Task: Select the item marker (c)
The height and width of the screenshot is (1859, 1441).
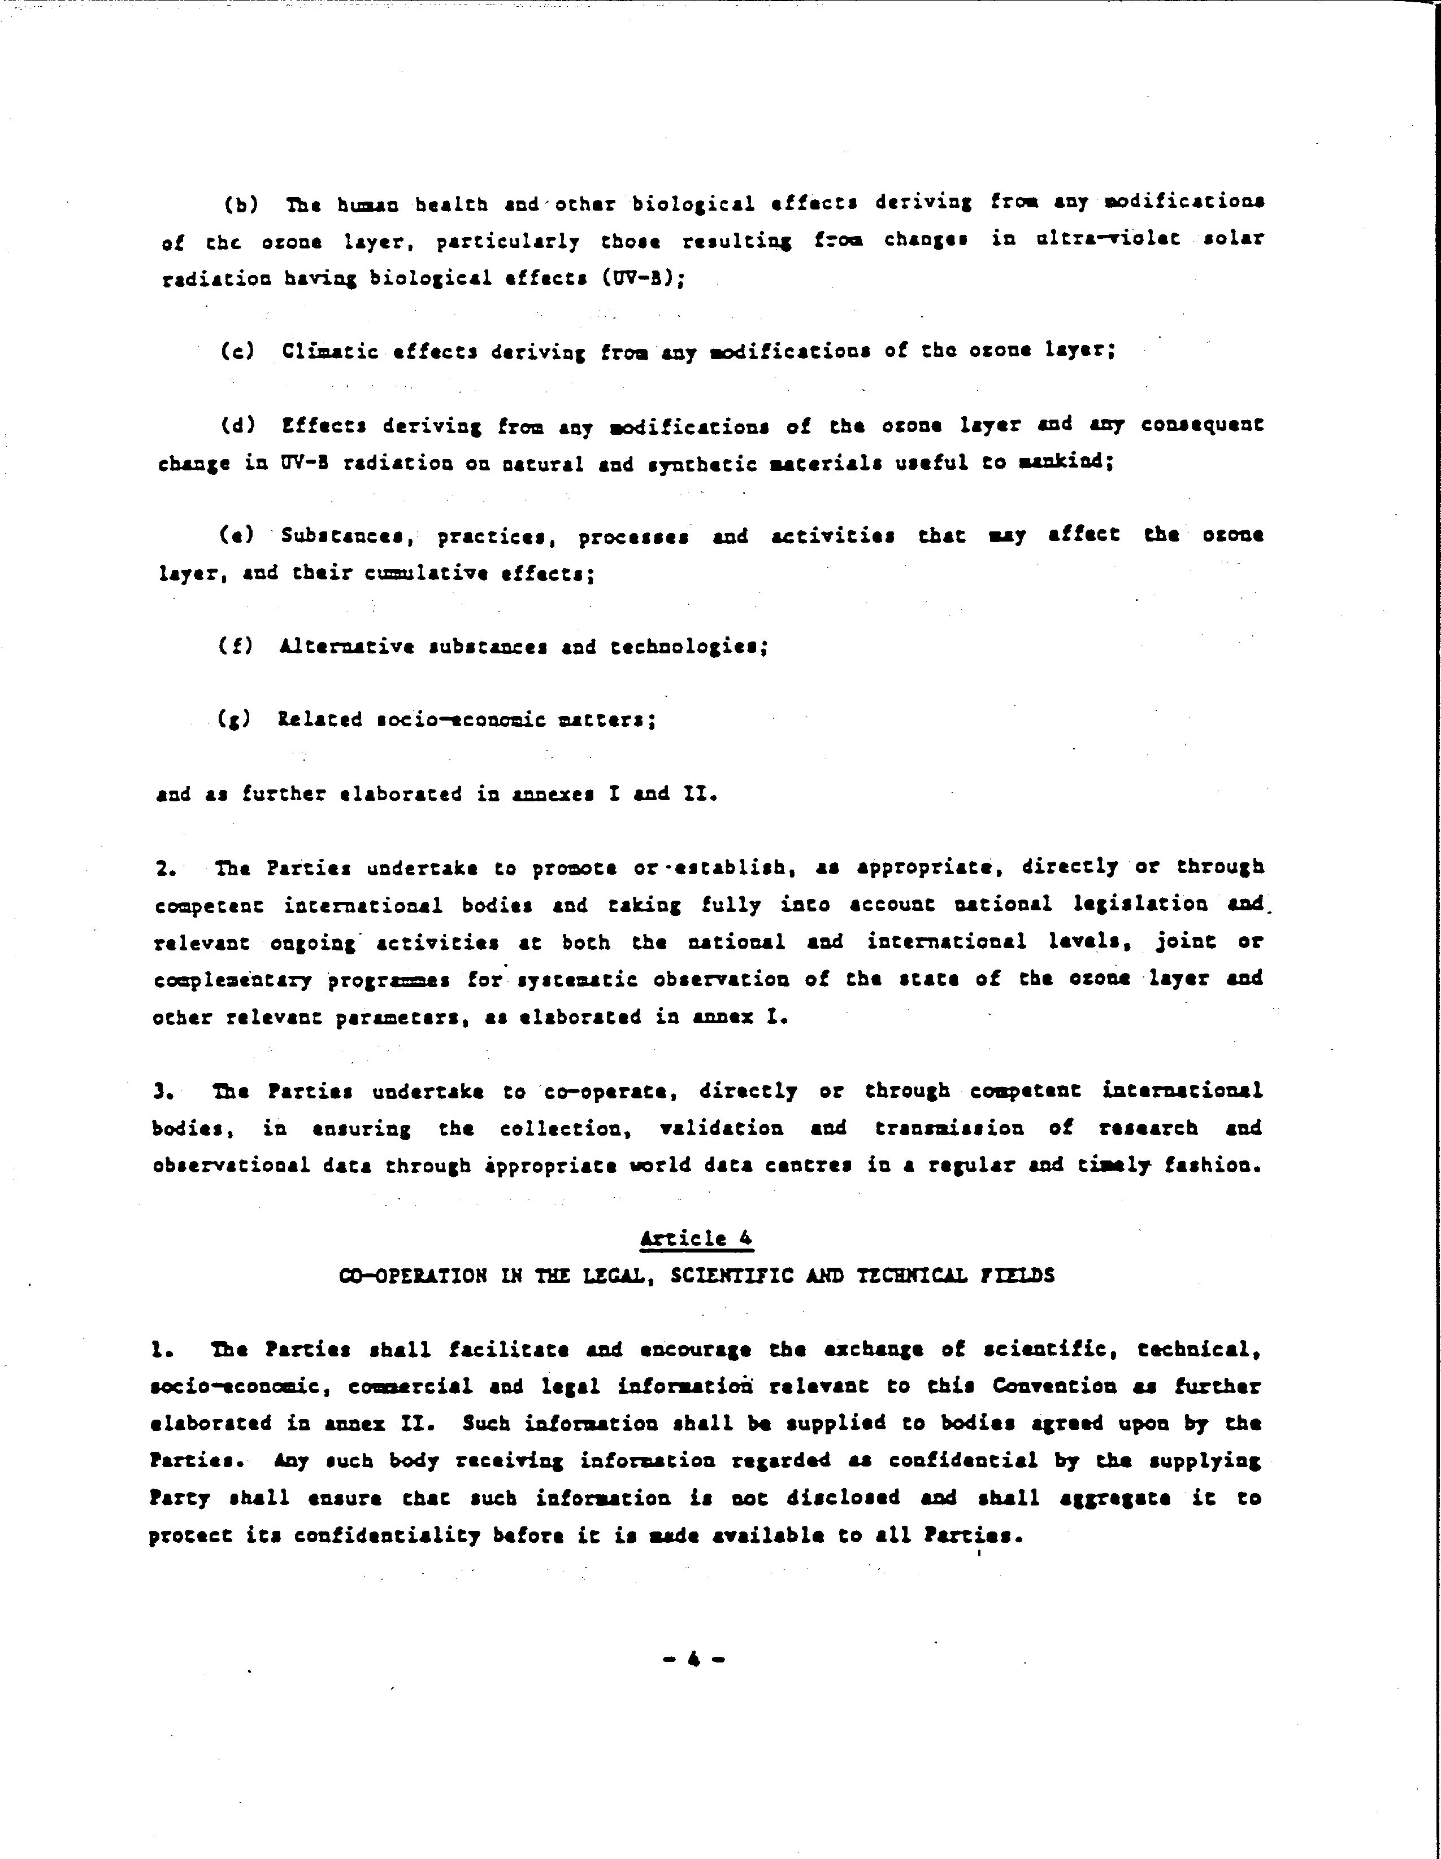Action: pyautogui.click(x=237, y=351)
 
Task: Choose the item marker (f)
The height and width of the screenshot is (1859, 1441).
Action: pyautogui.click(x=235, y=646)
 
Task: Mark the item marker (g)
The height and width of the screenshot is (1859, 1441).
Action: pyautogui.click(x=234, y=720)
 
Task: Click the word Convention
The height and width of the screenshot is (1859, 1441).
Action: pyautogui.click(x=1054, y=1386)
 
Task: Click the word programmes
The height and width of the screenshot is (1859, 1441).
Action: pyautogui.click(x=388, y=980)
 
